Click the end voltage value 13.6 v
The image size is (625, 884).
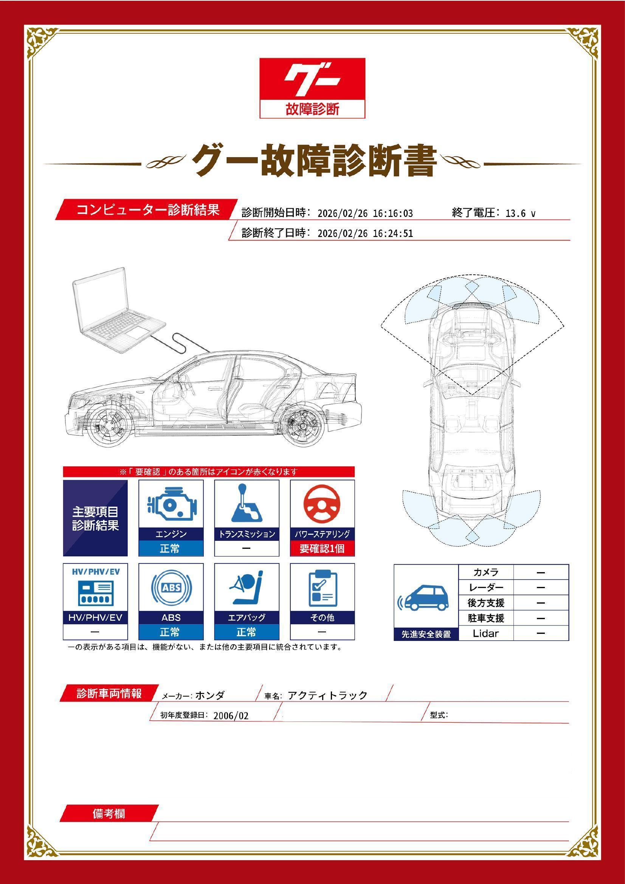[x=520, y=213]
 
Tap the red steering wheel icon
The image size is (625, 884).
[x=322, y=505]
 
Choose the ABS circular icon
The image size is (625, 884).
[x=171, y=588]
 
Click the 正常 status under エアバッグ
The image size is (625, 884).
[x=246, y=632]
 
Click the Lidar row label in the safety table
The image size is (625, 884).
[x=485, y=633]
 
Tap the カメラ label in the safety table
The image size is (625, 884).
[x=485, y=572]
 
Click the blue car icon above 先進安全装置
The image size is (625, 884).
[x=425, y=599]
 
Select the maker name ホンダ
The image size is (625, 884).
[x=210, y=695]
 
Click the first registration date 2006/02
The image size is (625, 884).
[x=231, y=716]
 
